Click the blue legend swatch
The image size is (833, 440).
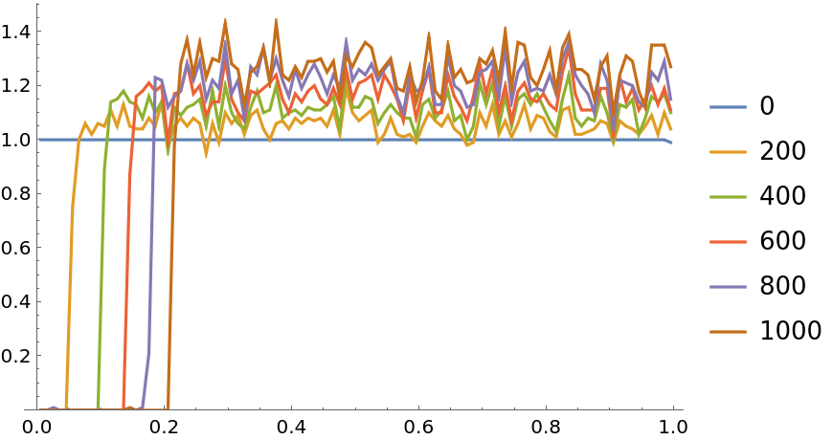pos(728,107)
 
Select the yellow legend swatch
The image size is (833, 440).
pos(728,152)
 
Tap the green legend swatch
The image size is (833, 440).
pos(728,197)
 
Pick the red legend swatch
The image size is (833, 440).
pos(728,242)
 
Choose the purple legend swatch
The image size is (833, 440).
pos(728,287)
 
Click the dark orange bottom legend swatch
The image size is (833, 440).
pos(728,332)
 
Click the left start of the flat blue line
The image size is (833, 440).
pos(39,140)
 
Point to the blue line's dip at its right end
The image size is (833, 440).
pos(670,143)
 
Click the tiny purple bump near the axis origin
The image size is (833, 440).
pos(53,407)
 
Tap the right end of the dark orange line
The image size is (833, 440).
pos(671,68)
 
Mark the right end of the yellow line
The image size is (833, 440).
pos(671,129)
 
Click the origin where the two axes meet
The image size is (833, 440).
pos(37,409)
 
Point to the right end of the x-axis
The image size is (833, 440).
pos(682,409)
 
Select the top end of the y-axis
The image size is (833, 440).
pos(37,4)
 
